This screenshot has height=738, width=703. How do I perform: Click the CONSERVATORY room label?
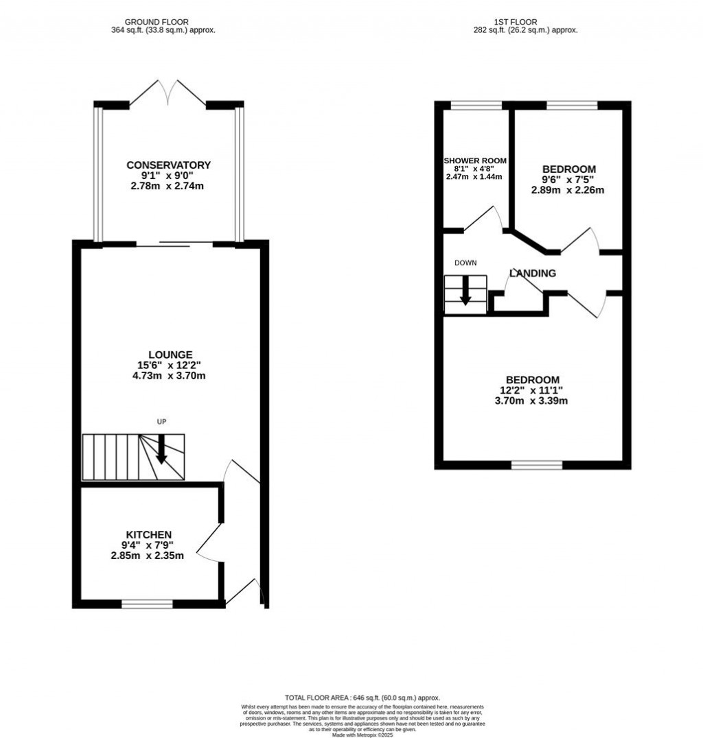coord(168,165)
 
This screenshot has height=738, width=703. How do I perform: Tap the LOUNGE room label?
coord(168,355)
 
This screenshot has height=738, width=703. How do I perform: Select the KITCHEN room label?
coord(148,534)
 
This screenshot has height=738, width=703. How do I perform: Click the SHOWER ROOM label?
coord(474,160)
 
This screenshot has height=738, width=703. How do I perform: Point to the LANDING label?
coord(533,273)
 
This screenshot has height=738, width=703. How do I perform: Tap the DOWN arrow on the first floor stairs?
coord(465,290)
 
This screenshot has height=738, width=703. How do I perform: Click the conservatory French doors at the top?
coord(168,92)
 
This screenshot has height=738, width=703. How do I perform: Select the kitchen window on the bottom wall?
coord(147,604)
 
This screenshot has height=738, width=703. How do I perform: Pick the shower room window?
coord(476,105)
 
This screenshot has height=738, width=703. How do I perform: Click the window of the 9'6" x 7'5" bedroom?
coord(572,105)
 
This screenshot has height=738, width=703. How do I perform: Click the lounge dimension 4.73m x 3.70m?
coord(168,376)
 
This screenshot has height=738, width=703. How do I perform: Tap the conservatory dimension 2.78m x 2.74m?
coord(168,186)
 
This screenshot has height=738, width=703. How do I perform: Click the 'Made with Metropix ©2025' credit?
coord(362,735)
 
